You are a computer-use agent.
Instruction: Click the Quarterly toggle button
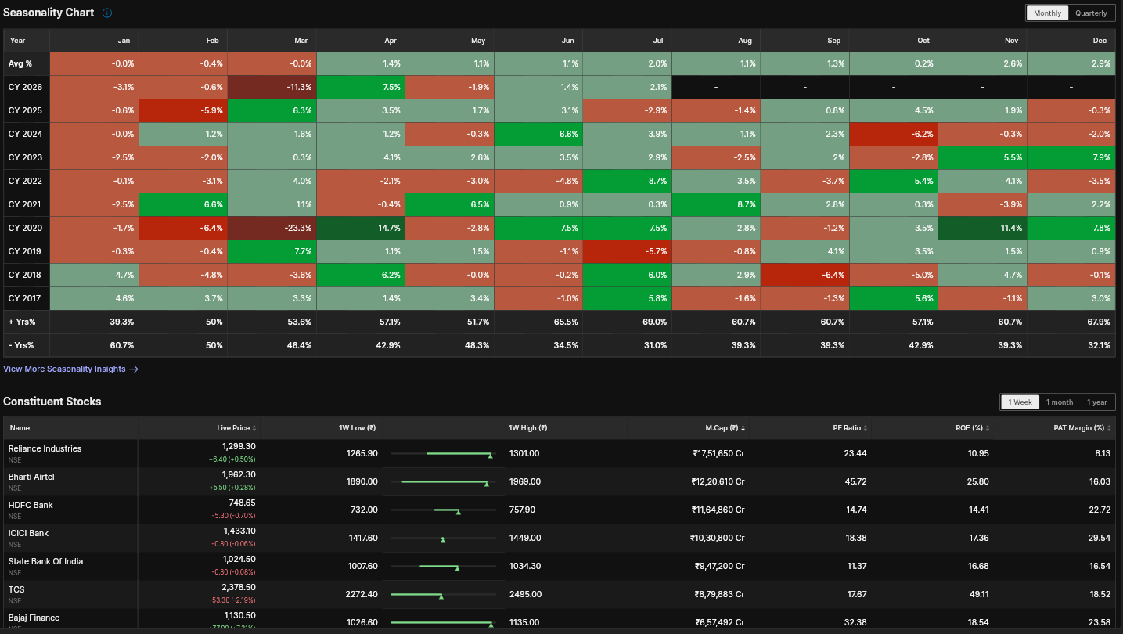(1091, 13)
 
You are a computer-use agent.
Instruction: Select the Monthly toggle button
(1047, 13)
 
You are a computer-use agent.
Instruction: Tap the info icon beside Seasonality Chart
(106, 13)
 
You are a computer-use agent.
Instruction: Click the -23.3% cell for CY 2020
(272, 228)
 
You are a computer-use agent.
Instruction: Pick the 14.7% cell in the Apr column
(361, 228)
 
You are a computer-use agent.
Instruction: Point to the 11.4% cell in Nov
(982, 228)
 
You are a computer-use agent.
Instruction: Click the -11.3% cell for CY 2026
(272, 87)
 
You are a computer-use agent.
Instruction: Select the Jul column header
(657, 41)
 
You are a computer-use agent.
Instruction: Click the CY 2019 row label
(24, 251)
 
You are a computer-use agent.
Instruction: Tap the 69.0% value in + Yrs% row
(654, 322)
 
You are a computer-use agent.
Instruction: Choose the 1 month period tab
(1060, 402)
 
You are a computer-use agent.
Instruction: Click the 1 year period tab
(1096, 402)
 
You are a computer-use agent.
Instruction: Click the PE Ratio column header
(847, 428)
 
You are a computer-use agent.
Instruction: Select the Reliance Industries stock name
(45, 448)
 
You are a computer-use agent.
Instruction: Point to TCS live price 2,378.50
(238, 587)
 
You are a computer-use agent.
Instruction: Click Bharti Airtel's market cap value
(718, 481)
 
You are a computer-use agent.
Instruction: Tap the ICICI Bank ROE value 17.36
(978, 538)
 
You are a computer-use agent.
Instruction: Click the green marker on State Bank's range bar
(457, 568)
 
